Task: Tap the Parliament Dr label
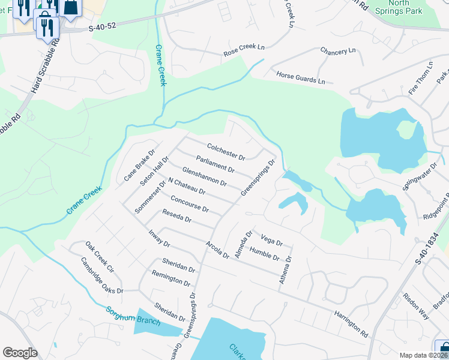(x=215, y=166)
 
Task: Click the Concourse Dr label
(x=189, y=204)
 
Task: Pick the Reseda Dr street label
(x=176, y=216)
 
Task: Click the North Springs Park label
(x=397, y=7)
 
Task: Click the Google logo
(x=20, y=353)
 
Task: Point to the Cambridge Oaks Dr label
(x=102, y=275)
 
